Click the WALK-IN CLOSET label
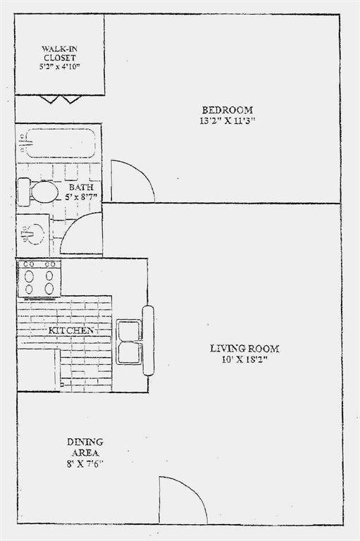coord(60,53)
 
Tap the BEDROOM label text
coord(227,109)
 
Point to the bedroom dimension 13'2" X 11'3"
coord(227,120)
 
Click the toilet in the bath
coord(39,192)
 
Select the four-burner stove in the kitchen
coord(39,278)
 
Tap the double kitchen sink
coord(128,342)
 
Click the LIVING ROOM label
coord(244,348)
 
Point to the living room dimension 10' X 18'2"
coord(244,359)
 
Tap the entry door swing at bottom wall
coord(180,502)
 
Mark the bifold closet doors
coord(60,99)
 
